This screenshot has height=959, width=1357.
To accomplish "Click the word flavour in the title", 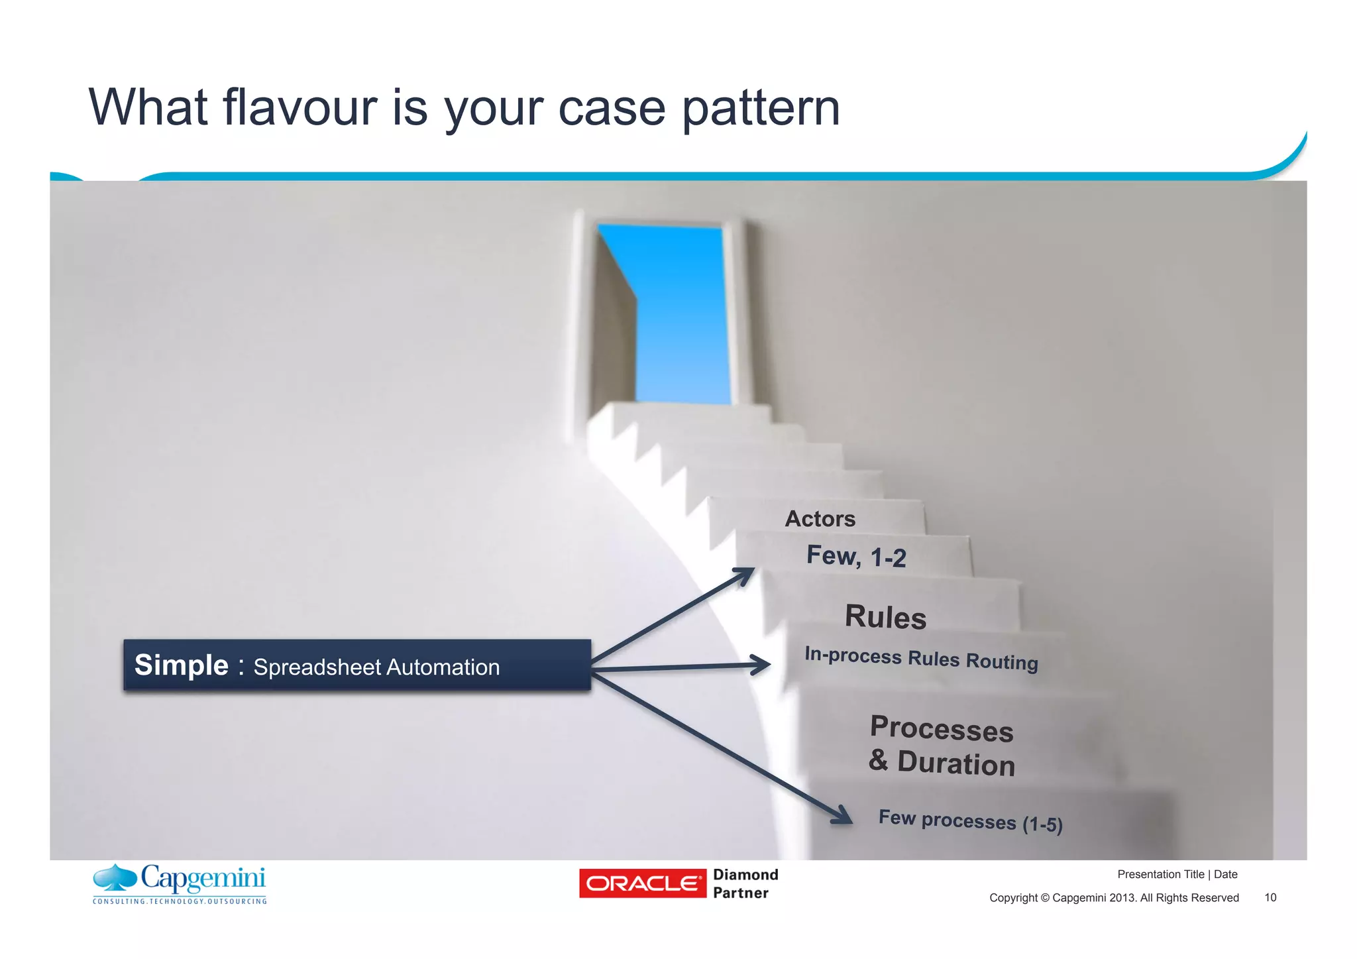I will click(x=299, y=107).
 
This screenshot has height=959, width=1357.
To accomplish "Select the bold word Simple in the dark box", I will click(x=181, y=665).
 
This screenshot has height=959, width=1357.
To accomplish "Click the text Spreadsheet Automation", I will click(x=376, y=667).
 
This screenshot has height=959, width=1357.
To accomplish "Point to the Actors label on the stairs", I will click(x=820, y=518).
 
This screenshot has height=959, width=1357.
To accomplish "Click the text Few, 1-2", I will click(x=855, y=557).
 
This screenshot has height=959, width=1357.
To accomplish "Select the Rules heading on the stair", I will click(x=885, y=617).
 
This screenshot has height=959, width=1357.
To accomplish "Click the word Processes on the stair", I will click(x=941, y=728).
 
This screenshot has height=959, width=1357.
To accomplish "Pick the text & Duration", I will click(x=941, y=762).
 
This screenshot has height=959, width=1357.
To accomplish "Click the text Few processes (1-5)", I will click(x=970, y=820).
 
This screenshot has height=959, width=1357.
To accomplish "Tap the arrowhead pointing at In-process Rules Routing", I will click(x=761, y=664).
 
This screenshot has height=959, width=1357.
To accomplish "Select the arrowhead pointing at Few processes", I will click(x=843, y=815).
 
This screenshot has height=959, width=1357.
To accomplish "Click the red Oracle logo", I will click(x=642, y=883).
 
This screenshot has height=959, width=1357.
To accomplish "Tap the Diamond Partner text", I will click(x=745, y=883).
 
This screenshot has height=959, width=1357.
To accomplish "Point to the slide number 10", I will click(x=1270, y=897).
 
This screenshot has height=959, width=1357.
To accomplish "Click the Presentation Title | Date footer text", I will click(x=1177, y=874).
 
